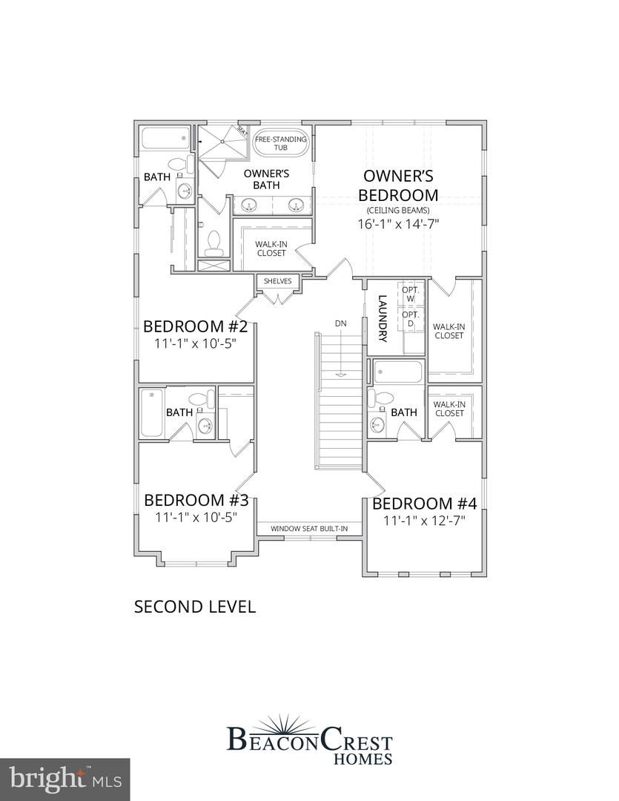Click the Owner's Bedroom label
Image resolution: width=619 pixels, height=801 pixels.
[398, 185]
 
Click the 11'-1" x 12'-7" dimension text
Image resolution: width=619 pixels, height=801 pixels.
[424, 521]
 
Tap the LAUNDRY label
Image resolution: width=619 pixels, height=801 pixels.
[383, 319]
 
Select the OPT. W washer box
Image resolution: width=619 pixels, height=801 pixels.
[410, 294]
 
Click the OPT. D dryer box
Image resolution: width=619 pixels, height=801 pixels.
[410, 319]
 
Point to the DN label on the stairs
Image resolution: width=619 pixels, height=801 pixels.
[340, 323]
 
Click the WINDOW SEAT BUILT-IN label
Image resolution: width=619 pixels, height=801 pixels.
[309, 529]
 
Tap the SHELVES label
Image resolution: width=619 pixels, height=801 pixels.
[278, 281]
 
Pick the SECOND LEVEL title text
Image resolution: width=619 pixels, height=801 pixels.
[194, 607]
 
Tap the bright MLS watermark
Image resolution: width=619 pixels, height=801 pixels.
[64, 779]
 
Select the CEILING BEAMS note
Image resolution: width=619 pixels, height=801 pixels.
[398, 211]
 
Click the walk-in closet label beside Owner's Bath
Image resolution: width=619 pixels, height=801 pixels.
[271, 248]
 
